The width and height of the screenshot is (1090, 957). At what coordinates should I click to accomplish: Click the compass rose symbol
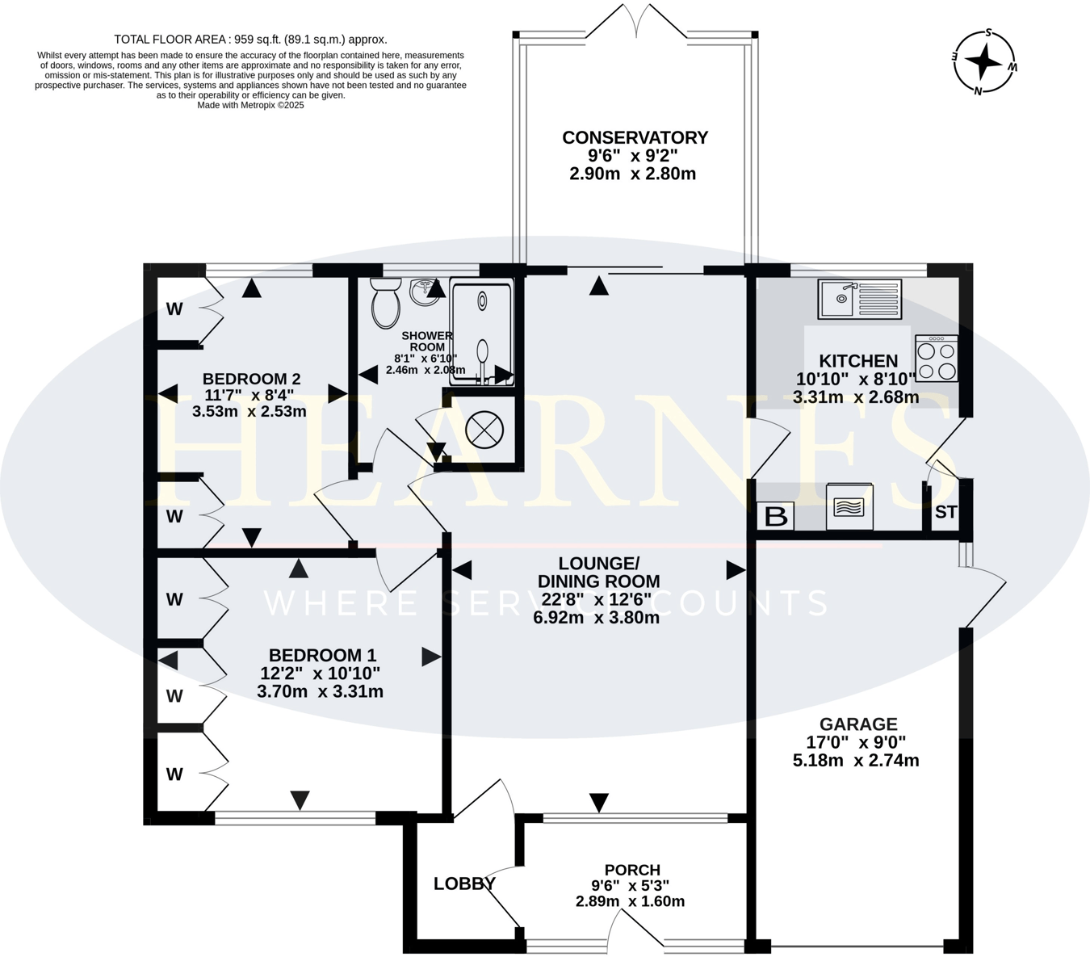(x=983, y=62)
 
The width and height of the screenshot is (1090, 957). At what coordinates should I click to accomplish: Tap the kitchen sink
(x=859, y=299)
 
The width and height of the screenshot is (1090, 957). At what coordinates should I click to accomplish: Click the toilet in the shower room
(x=386, y=303)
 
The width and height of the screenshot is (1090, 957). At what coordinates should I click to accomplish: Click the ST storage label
(x=945, y=512)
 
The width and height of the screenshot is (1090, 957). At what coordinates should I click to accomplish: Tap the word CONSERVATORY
(x=635, y=138)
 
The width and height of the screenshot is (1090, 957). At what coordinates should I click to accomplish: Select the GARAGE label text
(x=858, y=724)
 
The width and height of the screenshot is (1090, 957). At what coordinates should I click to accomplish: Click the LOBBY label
(x=464, y=884)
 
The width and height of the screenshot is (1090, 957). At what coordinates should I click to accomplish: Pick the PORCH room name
(x=632, y=870)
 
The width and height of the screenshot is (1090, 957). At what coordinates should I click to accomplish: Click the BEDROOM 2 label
(x=251, y=379)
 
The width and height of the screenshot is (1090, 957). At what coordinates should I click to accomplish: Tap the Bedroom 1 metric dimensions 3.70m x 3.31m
(x=320, y=691)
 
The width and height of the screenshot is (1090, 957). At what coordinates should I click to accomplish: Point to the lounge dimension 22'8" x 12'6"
(x=598, y=599)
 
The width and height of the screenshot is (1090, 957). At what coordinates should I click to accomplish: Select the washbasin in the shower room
(x=425, y=292)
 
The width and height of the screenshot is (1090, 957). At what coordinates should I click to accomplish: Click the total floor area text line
(x=250, y=39)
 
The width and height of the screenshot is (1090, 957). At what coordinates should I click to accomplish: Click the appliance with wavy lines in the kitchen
(x=849, y=507)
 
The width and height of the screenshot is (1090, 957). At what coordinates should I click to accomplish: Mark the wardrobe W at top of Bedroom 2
(x=174, y=309)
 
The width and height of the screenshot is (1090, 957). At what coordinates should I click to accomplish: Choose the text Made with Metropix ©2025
(x=250, y=105)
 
